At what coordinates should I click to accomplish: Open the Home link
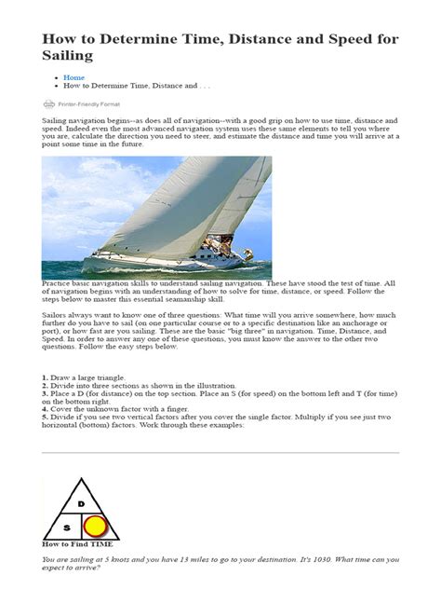tap(73, 77)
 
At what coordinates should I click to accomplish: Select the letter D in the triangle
tap(81, 503)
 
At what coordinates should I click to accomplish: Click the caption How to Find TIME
tap(73, 542)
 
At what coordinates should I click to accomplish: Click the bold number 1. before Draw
tap(45, 377)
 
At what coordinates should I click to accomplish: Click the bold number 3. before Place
tap(45, 392)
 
